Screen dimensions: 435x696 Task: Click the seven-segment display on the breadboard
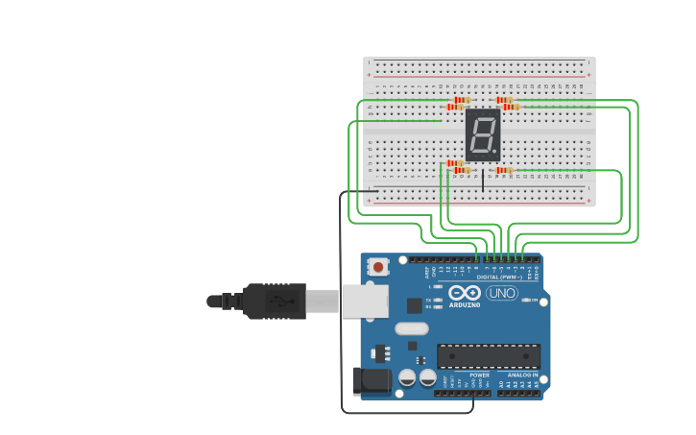(x=483, y=134)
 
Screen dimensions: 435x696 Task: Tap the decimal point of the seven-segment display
(x=495, y=152)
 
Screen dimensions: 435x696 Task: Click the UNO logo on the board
(x=501, y=293)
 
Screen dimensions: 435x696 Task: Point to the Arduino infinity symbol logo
(x=464, y=292)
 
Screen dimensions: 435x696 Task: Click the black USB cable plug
(x=274, y=301)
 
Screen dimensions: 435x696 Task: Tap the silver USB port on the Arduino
(x=365, y=301)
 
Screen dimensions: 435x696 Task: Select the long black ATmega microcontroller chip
(x=488, y=355)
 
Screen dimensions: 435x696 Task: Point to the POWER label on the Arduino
(x=479, y=375)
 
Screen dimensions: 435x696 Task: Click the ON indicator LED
(x=527, y=300)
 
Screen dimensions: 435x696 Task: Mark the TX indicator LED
(x=438, y=300)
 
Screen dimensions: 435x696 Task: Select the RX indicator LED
(x=438, y=306)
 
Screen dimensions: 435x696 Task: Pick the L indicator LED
(x=438, y=286)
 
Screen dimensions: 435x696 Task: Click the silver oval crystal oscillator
(x=411, y=327)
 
